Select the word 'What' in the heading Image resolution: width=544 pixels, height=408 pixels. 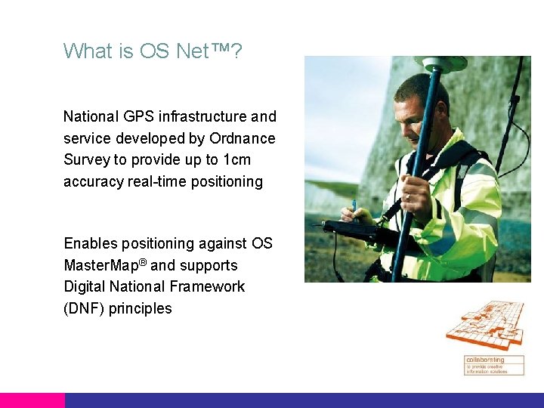pyautogui.click(x=88, y=51)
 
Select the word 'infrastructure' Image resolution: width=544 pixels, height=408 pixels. pyautogui.click(x=202, y=117)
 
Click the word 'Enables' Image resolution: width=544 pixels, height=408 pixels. pyautogui.click(x=91, y=244)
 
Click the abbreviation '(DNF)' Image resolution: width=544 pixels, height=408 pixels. pyautogui.click(x=84, y=309)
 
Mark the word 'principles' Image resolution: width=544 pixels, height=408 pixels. pyautogui.click(x=140, y=309)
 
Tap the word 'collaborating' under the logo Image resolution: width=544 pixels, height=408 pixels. pyautogui.click(x=484, y=360)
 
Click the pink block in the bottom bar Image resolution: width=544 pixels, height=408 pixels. pyautogui.click(x=32, y=400)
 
